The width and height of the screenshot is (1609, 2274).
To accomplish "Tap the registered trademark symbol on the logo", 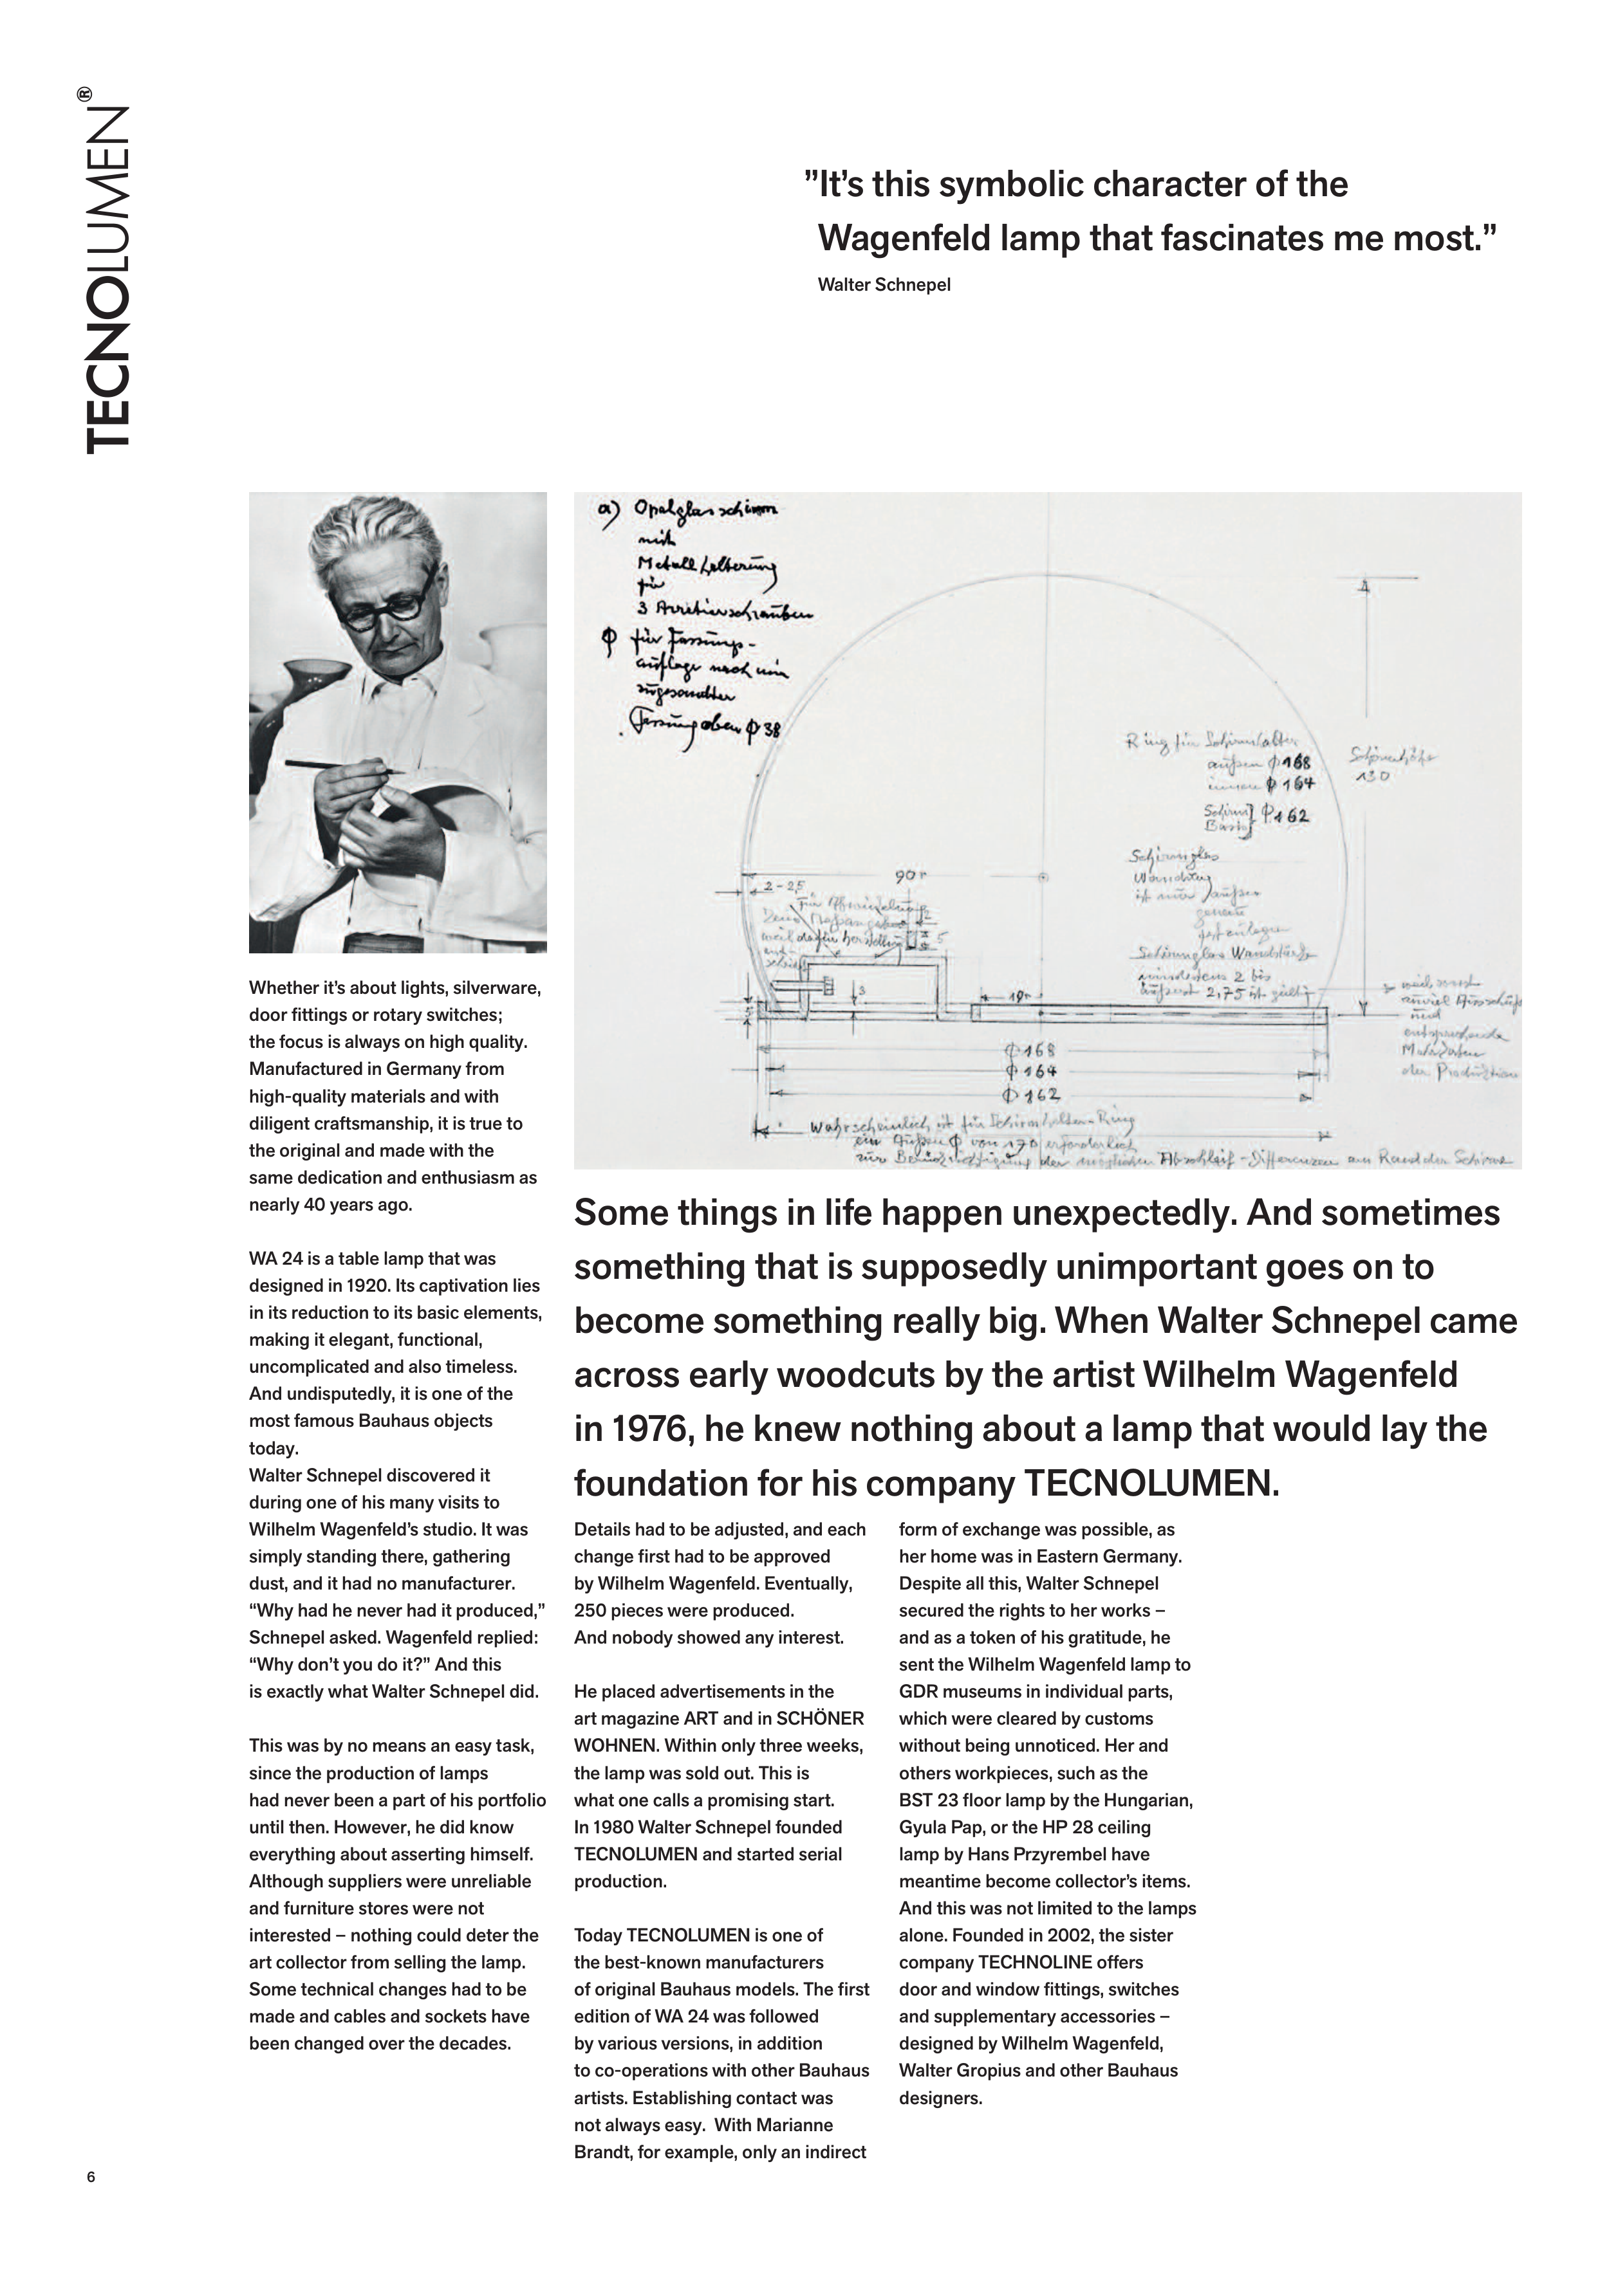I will click(84, 96).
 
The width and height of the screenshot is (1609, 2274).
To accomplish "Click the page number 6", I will click(91, 2177).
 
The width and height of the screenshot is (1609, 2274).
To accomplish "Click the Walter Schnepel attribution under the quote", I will click(884, 285).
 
